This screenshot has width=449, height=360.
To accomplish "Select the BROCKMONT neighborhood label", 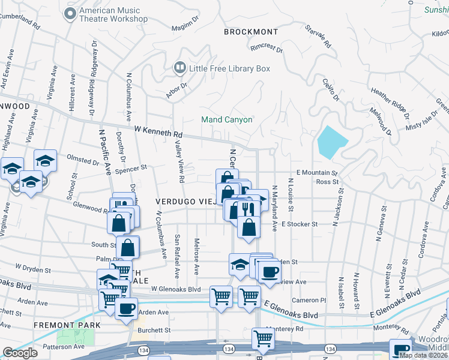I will (251, 32).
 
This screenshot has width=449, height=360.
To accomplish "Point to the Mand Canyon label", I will (226, 119).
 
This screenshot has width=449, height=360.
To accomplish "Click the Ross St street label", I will (327, 181).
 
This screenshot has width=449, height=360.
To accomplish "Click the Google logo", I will (20, 353).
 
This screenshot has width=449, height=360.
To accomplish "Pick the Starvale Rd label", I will (318, 36).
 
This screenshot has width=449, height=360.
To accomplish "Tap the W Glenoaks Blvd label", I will (175, 289).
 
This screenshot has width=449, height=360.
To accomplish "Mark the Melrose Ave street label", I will (196, 255).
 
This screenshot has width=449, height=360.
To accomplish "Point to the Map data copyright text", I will (423, 355).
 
